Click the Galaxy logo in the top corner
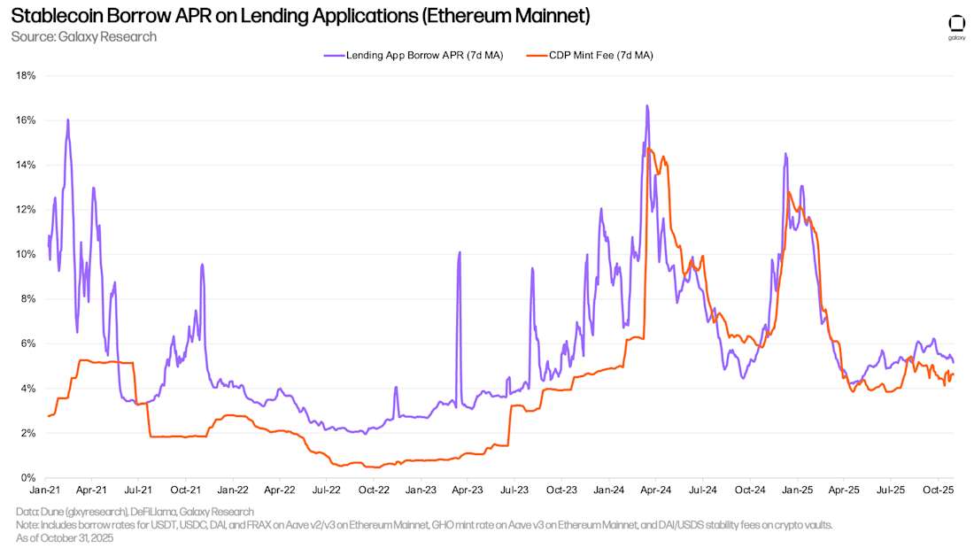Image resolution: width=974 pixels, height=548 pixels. click(x=956, y=27)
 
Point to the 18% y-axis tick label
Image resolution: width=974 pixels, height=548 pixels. click(x=27, y=75)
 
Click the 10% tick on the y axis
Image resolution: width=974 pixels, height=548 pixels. click(x=27, y=254)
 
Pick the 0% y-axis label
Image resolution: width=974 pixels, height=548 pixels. click(x=29, y=478)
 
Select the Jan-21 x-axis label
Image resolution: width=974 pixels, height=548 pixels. click(x=45, y=489)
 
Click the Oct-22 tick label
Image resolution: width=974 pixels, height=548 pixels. click(x=374, y=489)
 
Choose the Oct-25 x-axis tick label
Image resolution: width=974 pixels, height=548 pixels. click(x=938, y=489)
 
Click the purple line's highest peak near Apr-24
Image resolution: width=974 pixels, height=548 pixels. click(x=647, y=106)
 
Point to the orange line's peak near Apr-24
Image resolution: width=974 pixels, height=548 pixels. click(x=651, y=149)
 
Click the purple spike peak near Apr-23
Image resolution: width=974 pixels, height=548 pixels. click(x=460, y=252)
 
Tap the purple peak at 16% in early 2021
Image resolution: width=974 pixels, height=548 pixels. click(x=67, y=120)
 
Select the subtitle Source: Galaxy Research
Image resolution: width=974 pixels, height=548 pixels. click(x=83, y=36)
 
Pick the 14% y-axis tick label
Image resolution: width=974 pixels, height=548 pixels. click(x=27, y=165)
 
